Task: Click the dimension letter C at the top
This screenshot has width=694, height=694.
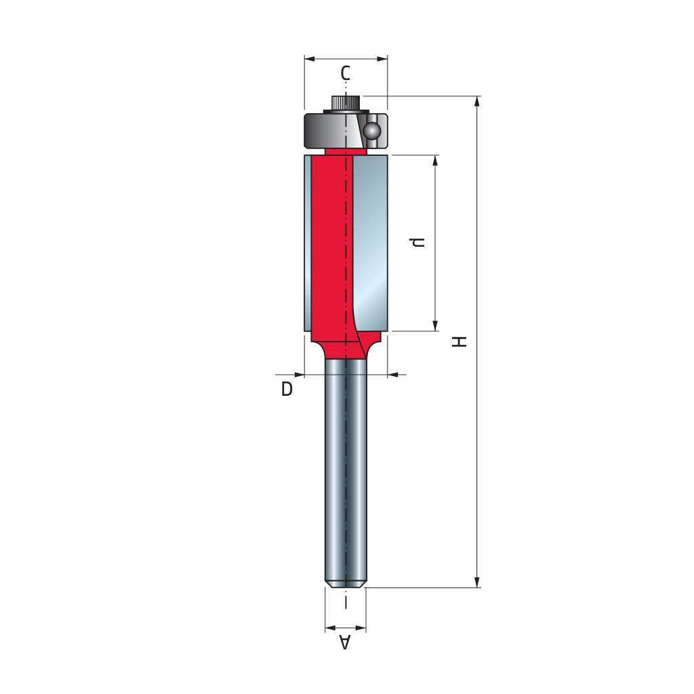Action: pyautogui.click(x=345, y=73)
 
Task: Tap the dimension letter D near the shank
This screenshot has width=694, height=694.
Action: pyautogui.click(x=287, y=389)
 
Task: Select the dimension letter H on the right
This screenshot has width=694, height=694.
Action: pyautogui.click(x=460, y=342)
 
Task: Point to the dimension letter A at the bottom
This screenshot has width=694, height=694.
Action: pyautogui.click(x=345, y=642)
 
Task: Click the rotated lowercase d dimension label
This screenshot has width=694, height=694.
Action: pyautogui.click(x=417, y=242)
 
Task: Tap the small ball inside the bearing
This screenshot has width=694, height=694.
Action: pyautogui.click(x=371, y=131)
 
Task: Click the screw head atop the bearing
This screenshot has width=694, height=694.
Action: pyautogui.click(x=346, y=103)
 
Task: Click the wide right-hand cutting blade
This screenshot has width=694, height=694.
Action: pyautogui.click(x=370, y=243)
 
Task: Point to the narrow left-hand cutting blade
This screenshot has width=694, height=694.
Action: pyautogui.click(x=308, y=243)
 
